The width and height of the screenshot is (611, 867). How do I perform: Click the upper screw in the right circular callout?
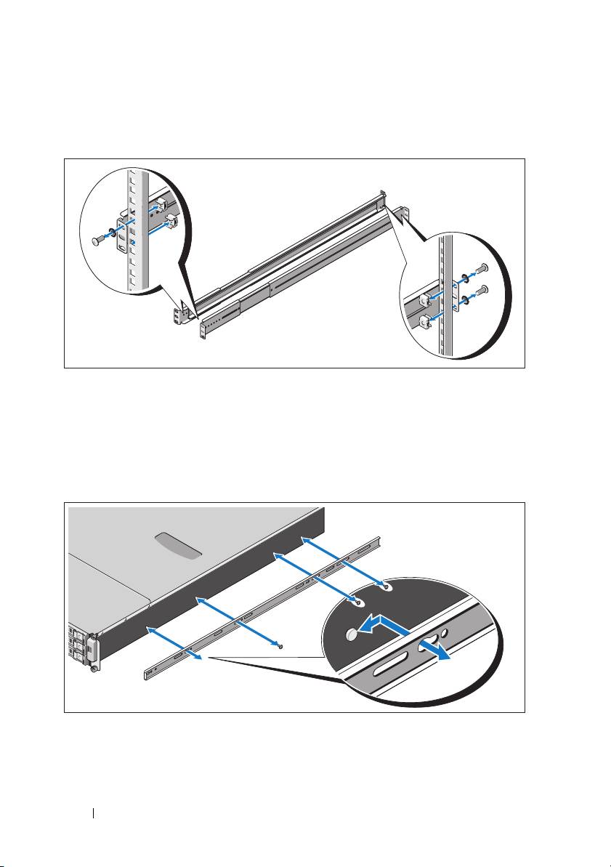(x=485, y=267)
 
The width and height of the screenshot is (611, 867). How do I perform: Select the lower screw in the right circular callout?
(x=485, y=291)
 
